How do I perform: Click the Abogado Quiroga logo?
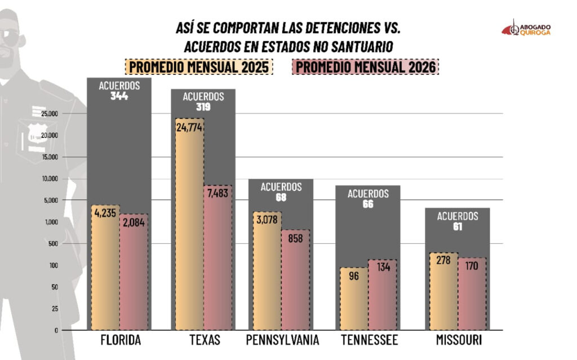tap(526, 29)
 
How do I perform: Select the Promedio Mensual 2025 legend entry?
tap(199, 67)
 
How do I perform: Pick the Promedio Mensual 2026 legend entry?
tap(365, 67)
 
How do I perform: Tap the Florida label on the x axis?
tap(121, 340)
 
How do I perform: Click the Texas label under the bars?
tap(204, 340)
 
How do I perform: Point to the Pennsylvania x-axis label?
tap(283, 340)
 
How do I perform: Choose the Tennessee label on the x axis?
tap(369, 340)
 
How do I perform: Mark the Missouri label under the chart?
tap(458, 340)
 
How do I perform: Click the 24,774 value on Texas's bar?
tap(189, 127)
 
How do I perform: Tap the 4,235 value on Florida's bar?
tap(105, 214)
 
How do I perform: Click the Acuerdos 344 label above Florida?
tap(119, 91)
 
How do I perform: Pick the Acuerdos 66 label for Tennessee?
tap(368, 199)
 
